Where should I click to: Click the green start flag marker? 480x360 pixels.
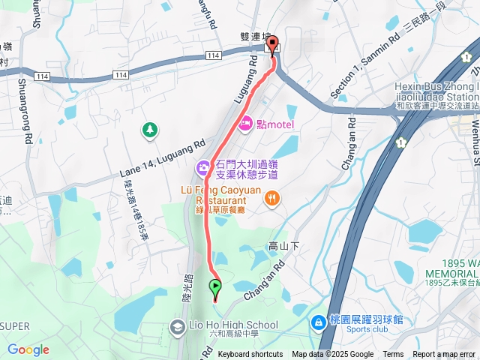click(x=216, y=286)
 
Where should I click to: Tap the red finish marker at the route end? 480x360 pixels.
click(x=272, y=44)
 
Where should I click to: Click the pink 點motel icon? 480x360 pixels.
click(x=244, y=124)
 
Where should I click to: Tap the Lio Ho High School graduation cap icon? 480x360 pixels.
click(x=177, y=326)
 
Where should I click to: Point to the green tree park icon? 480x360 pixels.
click(x=150, y=130)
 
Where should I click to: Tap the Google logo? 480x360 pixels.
click(x=28, y=349)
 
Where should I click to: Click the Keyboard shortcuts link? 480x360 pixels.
click(x=250, y=355)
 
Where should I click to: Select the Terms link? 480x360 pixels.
click(x=393, y=355)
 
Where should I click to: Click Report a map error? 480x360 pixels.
click(x=445, y=355)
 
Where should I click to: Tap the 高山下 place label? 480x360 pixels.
click(x=283, y=246)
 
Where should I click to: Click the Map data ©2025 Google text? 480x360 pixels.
click(x=332, y=355)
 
